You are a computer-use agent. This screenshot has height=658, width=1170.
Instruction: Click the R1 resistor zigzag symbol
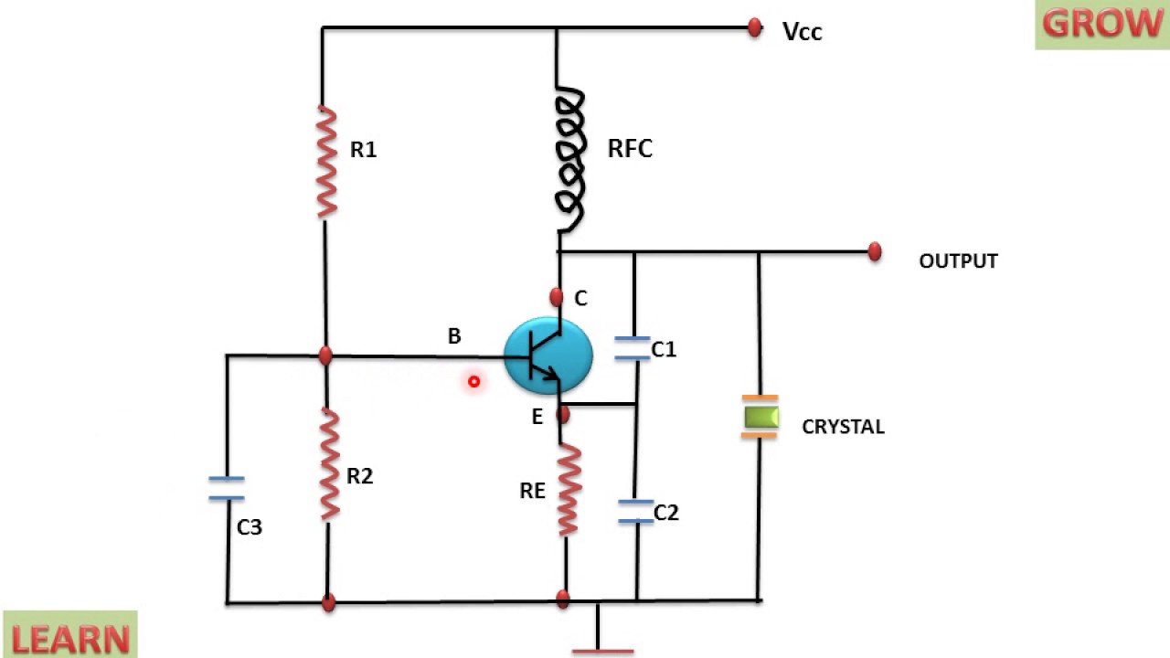click(x=326, y=162)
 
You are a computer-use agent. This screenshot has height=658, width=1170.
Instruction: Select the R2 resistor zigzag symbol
click(x=330, y=464)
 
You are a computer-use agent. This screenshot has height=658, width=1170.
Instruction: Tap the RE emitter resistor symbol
click(x=569, y=490)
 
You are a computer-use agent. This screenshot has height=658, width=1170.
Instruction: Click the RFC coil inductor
click(x=570, y=159)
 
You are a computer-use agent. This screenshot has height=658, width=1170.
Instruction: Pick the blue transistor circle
click(x=548, y=356)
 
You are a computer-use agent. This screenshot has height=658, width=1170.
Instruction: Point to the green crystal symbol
click(x=760, y=417)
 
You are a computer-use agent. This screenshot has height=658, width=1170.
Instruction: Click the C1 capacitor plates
click(x=633, y=348)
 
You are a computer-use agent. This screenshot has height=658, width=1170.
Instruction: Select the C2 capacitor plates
click(x=635, y=511)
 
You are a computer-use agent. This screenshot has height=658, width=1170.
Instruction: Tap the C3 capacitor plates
click(x=227, y=488)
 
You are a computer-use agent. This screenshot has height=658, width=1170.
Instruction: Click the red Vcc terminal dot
click(x=755, y=27)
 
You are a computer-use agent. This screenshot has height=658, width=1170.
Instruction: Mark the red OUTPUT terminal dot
click(x=875, y=251)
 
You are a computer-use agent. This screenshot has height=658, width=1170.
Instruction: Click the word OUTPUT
click(x=959, y=261)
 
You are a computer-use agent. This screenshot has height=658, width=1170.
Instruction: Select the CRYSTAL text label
click(x=843, y=427)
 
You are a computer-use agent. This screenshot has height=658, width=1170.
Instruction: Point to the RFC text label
click(x=630, y=149)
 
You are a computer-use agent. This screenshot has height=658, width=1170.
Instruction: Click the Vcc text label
click(x=803, y=32)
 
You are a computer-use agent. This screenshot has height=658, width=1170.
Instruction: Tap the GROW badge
click(x=1102, y=24)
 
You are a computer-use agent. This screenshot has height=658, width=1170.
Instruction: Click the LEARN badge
click(x=70, y=635)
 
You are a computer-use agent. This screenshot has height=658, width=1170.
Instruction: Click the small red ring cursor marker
click(x=473, y=382)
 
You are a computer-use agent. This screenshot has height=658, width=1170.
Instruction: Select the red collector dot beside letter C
click(x=557, y=297)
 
